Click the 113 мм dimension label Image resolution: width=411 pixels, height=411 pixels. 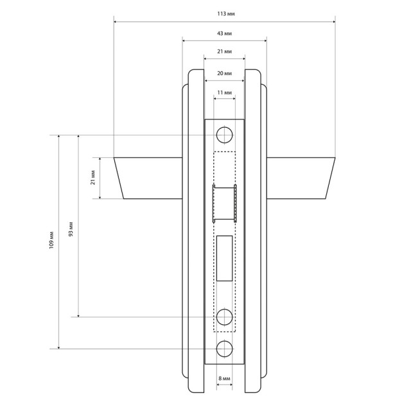(x=225, y=13)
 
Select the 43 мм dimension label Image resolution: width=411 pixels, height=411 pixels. (x=224, y=33)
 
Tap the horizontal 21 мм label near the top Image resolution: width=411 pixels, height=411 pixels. (x=224, y=51)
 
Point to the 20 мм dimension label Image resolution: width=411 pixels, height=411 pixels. (x=224, y=73)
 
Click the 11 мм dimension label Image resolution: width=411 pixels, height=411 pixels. (x=224, y=92)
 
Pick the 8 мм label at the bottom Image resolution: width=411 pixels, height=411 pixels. (x=224, y=378)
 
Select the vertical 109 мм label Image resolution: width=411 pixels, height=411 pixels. (x=51, y=240)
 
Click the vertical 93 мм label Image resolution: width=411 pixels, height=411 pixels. (x=71, y=229)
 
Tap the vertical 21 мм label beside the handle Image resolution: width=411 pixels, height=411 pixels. (x=93, y=177)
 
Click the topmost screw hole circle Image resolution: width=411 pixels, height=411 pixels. (x=224, y=135)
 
